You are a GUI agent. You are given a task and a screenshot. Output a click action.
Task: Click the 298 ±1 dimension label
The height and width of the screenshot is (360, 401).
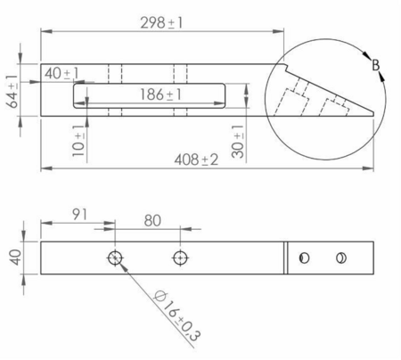[161, 23]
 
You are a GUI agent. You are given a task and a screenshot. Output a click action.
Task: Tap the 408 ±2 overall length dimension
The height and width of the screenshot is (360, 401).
[196, 160]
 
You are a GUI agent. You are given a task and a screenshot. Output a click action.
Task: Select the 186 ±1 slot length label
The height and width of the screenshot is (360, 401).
[160, 94]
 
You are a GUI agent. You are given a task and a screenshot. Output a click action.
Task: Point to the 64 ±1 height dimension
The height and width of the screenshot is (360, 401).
[12, 91]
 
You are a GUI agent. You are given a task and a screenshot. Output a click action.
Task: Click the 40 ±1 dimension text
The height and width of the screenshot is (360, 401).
[62, 73]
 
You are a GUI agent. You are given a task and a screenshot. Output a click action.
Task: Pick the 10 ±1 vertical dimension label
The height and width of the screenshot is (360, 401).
[78, 141]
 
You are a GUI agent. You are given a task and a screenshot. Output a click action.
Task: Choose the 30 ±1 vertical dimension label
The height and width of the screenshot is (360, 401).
[238, 142]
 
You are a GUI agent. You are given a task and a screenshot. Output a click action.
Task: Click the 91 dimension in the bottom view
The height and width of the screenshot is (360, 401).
[79, 215]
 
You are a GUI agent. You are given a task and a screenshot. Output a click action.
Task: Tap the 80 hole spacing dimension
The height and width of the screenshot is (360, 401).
[152, 221]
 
